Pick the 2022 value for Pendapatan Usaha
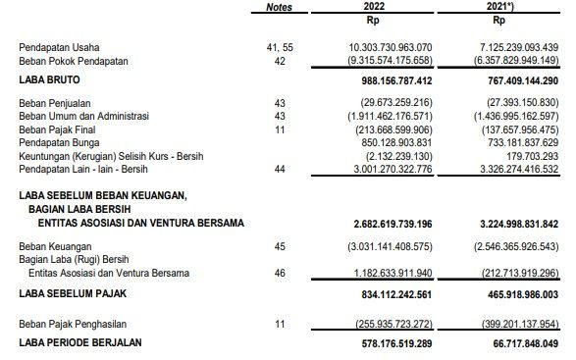pyautogui.click(x=390, y=47)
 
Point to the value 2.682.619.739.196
pyautogui.click(x=390, y=225)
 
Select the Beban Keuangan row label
pyautogui.click(x=56, y=245)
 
